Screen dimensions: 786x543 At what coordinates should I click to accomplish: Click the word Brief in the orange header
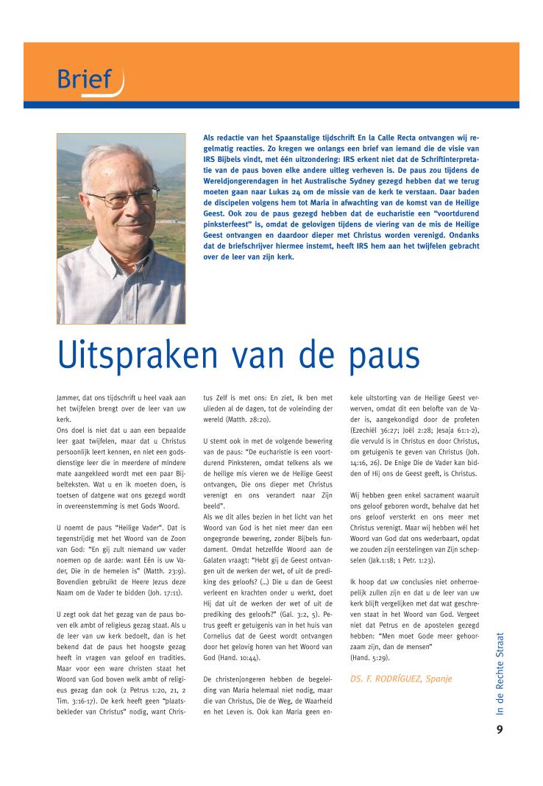pyautogui.click(x=85, y=79)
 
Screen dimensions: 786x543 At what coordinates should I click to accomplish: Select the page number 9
pyautogui.click(x=500, y=730)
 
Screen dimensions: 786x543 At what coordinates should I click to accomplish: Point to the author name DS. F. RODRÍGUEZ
pyautogui.click(x=387, y=678)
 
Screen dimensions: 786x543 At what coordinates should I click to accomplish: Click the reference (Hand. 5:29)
pyautogui.click(x=375, y=655)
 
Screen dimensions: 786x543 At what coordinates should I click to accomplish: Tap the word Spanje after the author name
pyautogui.click(x=437, y=678)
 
